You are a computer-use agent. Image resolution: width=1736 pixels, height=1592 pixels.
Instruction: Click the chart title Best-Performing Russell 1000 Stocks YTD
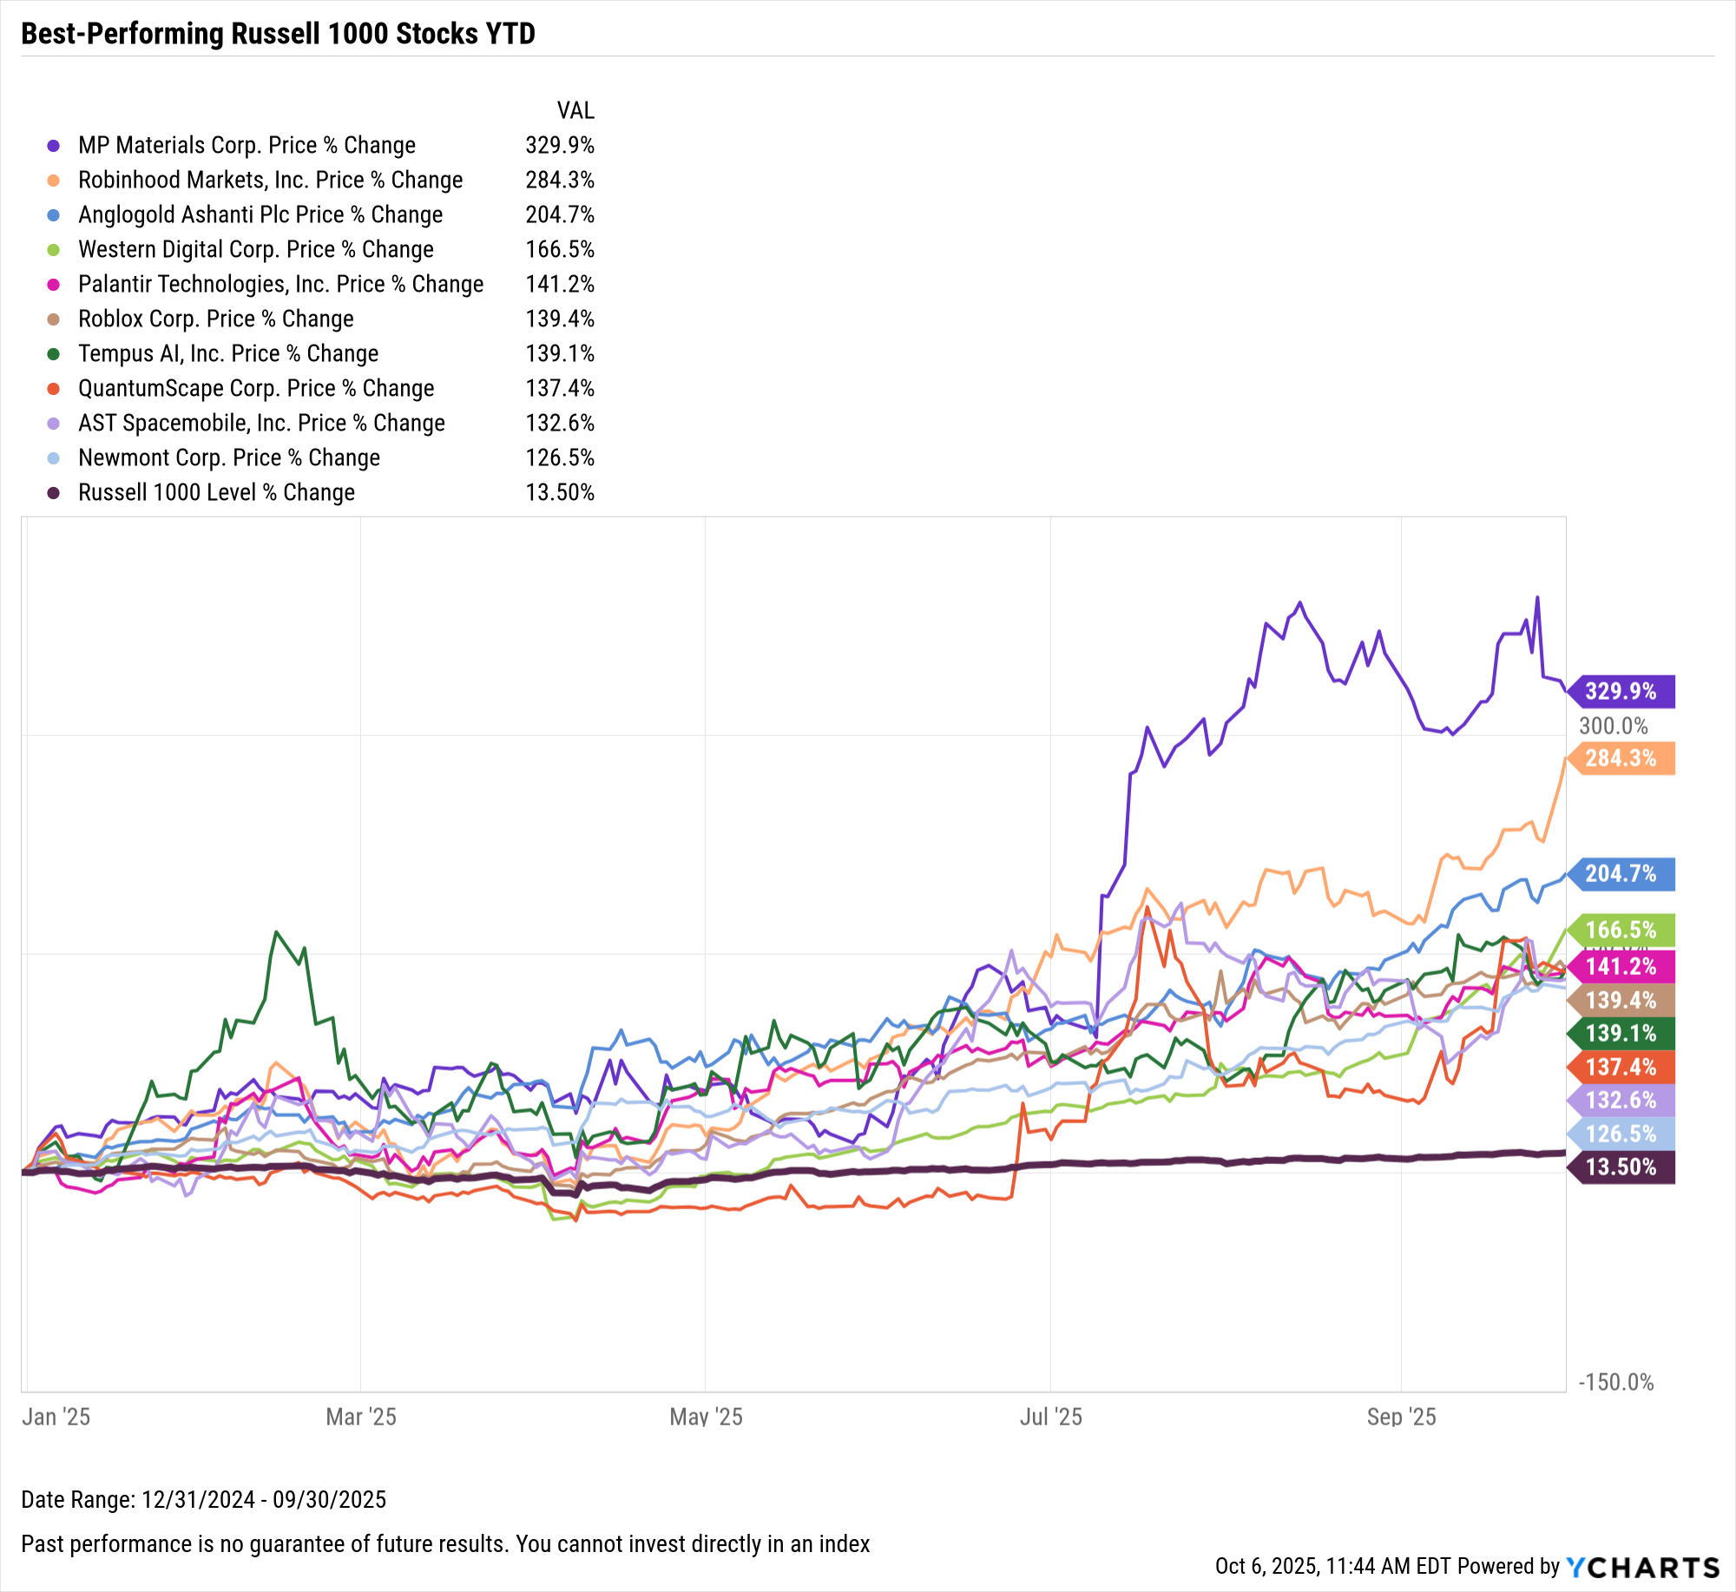pyautogui.click(x=278, y=34)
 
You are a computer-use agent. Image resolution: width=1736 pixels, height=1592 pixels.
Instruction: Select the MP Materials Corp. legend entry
pyautogui.click(x=247, y=145)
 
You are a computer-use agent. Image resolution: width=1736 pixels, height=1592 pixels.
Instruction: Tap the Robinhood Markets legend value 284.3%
pyautogui.click(x=559, y=180)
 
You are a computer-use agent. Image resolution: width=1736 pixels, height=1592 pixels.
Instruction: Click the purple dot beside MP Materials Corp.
pyautogui.click(x=54, y=146)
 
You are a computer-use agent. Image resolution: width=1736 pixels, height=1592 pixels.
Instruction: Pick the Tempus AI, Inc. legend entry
pyautogui.click(x=227, y=353)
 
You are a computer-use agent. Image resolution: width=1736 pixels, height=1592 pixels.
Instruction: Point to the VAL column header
pyautogui.click(x=575, y=110)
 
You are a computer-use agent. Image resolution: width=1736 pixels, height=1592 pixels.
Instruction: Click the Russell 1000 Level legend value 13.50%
pyautogui.click(x=559, y=492)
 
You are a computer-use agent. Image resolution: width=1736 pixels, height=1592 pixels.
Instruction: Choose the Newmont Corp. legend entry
pyautogui.click(x=228, y=457)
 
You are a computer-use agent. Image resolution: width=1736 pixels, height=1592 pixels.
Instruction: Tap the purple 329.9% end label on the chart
pyautogui.click(x=1621, y=691)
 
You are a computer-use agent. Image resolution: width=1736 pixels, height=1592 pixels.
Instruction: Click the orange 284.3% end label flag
pyautogui.click(x=1621, y=758)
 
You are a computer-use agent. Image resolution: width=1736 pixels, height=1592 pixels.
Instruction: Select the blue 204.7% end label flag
pyautogui.click(x=1621, y=873)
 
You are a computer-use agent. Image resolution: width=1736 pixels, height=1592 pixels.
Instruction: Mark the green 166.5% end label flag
pyautogui.click(x=1621, y=930)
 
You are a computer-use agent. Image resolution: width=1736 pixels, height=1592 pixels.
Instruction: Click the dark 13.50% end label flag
pyautogui.click(x=1621, y=1167)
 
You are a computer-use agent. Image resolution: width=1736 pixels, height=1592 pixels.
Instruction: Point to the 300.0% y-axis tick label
pyautogui.click(x=1613, y=726)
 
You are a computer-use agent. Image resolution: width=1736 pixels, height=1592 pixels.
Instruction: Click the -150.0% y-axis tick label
pyautogui.click(x=1615, y=1382)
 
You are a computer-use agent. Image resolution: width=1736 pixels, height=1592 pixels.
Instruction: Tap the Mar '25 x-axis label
pyautogui.click(x=361, y=1417)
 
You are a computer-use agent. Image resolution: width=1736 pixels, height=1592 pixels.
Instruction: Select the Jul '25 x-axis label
pyautogui.click(x=1050, y=1417)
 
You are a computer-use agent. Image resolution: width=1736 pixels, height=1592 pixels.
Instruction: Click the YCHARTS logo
pyautogui.click(x=1642, y=1567)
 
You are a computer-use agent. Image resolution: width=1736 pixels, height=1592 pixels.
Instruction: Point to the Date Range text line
pyautogui.click(x=203, y=1499)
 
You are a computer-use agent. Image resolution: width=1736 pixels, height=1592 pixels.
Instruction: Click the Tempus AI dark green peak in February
pyautogui.click(x=276, y=932)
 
